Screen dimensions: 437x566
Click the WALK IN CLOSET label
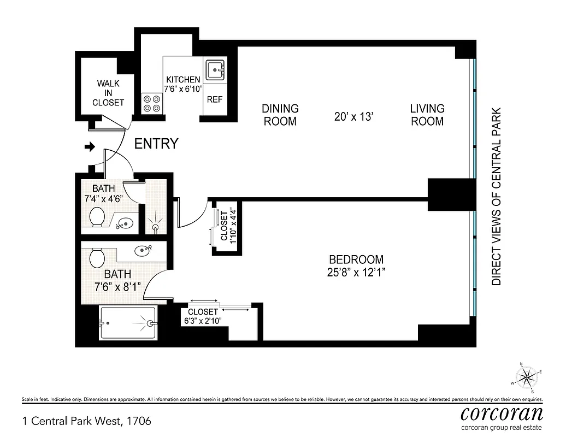pos(108,93)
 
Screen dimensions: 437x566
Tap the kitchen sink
pos(215,69)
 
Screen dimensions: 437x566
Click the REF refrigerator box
pos(214,100)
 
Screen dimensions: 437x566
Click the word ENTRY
pos(156,144)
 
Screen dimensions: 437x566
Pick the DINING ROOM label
pos(280,115)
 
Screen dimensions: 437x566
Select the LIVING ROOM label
pos(427,115)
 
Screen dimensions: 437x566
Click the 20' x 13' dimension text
pos(353,116)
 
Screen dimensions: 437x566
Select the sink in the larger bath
pos(145,250)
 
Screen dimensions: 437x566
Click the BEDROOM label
pos(356,260)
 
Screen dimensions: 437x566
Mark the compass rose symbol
pos(527,377)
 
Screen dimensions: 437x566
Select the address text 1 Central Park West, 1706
pos(86,421)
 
